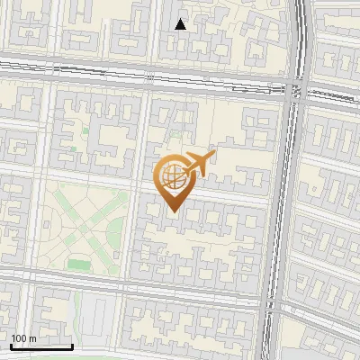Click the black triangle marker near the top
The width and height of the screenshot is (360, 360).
point(181,24)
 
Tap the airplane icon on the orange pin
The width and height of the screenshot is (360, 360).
point(197,164)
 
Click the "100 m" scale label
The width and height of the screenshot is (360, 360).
point(24,337)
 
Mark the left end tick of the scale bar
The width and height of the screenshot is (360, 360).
point(11,346)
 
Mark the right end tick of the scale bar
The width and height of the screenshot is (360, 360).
point(72,346)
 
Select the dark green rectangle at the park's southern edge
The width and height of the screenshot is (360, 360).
point(79,265)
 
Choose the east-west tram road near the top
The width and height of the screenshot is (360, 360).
point(135,74)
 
